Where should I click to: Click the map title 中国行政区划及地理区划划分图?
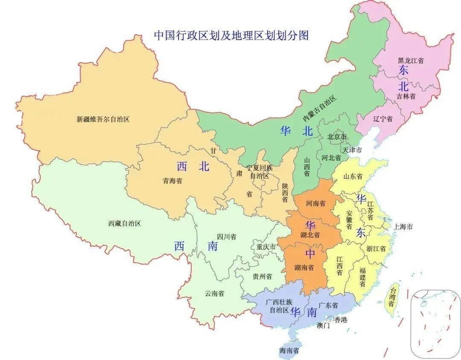point(231,35)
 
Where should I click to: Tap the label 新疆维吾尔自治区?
point(103,119)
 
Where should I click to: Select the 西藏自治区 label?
point(124,223)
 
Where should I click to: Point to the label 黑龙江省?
point(411,61)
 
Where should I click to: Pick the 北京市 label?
point(337,137)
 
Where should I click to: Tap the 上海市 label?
point(404,227)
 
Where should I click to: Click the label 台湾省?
point(391,297)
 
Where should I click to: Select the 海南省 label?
point(289,351)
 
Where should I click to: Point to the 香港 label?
point(340,319)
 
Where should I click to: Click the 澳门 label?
point(323,325)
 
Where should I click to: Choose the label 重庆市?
point(266,247)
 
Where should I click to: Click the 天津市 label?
point(352,151)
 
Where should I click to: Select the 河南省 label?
point(315,203)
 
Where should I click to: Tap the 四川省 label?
point(227,237)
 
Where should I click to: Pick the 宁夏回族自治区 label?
point(259,172)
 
